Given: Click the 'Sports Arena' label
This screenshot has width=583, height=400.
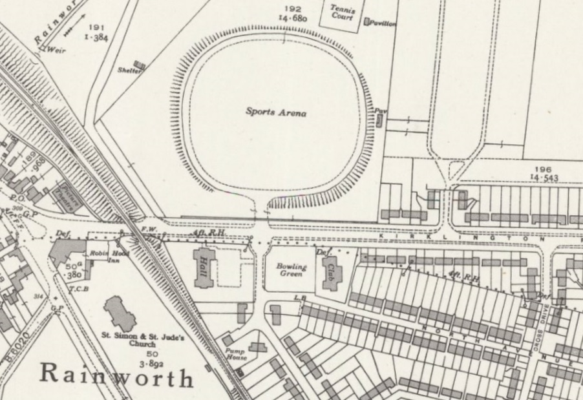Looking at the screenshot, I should [275, 112].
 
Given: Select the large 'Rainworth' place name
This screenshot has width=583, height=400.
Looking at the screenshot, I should [117, 375].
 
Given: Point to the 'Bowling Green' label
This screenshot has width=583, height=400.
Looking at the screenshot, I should [291, 270].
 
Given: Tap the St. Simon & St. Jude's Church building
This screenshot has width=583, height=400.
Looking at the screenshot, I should [118, 313].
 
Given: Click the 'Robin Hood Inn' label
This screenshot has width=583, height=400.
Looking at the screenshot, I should [105, 257].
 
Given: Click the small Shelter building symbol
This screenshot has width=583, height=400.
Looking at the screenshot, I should [139, 65].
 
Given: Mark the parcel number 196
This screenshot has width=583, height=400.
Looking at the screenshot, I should [542, 169].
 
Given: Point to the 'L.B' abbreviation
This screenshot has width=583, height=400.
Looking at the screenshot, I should [299, 298].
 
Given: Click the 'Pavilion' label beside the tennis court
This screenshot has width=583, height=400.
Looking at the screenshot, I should [383, 23].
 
